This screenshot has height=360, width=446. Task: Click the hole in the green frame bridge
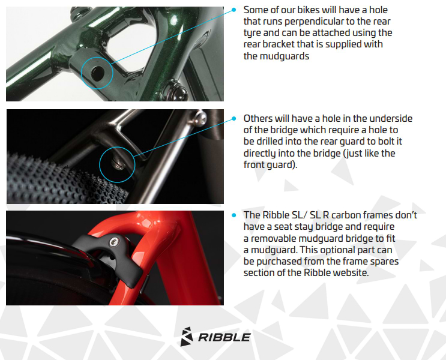(x=97, y=73)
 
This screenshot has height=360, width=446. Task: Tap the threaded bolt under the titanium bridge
(x=118, y=164)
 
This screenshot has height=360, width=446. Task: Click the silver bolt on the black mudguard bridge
(x=114, y=242)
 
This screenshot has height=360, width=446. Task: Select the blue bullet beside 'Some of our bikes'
(x=234, y=10)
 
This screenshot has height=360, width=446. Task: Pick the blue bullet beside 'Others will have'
(x=234, y=118)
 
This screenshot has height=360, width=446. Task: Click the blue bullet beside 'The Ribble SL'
(x=234, y=215)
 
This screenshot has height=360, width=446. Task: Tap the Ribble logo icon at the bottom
(x=187, y=337)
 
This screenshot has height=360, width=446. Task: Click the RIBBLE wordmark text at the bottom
(x=225, y=337)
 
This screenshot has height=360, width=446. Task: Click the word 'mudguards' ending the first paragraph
(x=276, y=56)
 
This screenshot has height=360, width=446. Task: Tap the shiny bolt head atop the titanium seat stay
(x=200, y=118)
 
